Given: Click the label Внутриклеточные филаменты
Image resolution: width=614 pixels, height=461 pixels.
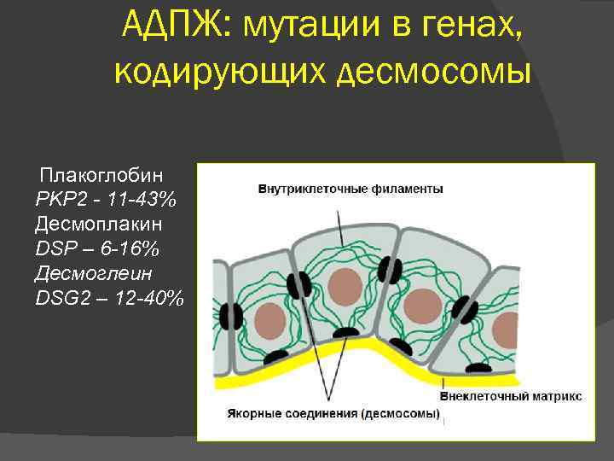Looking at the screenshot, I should (x=350, y=189).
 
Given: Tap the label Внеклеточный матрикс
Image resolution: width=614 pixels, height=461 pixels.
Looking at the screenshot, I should (x=511, y=396).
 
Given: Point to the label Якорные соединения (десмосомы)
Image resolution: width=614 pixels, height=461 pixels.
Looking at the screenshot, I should (x=333, y=414).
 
